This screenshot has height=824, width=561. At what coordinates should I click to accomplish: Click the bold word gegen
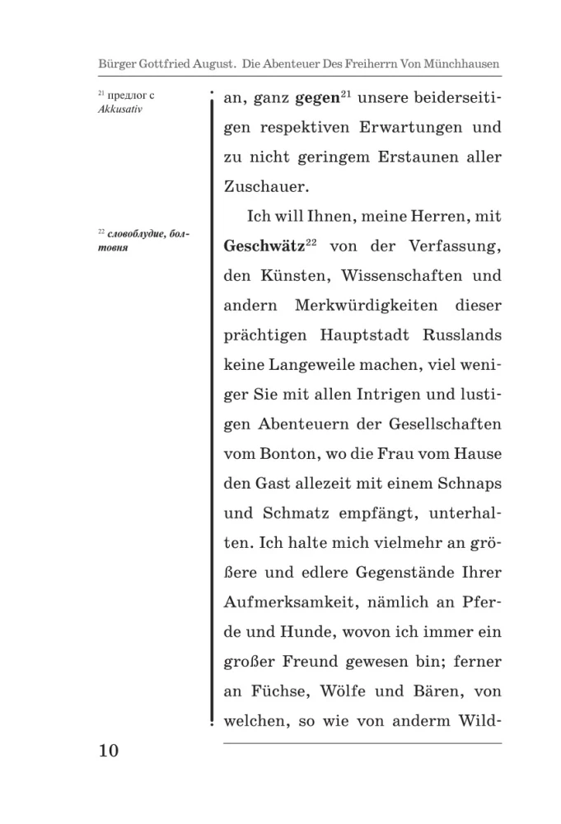point(317,99)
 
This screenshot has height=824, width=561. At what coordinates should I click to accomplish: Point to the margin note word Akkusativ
point(119,109)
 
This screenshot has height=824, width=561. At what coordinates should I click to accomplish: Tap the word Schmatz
point(295,512)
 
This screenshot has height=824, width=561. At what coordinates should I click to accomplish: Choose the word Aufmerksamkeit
point(282,601)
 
